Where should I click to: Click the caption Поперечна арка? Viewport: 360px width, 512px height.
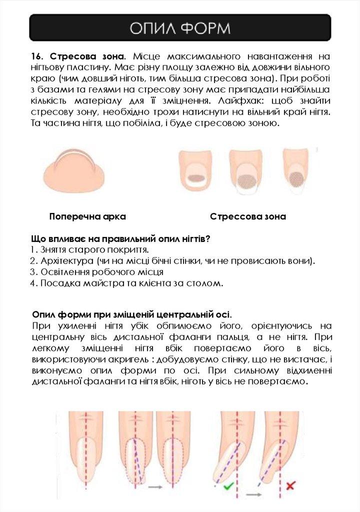(x=87, y=217)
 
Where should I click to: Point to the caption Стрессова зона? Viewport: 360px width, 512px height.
(x=248, y=217)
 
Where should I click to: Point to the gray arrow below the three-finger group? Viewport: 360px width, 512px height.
(x=156, y=485)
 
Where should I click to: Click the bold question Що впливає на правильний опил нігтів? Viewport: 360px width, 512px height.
(x=120, y=239)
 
